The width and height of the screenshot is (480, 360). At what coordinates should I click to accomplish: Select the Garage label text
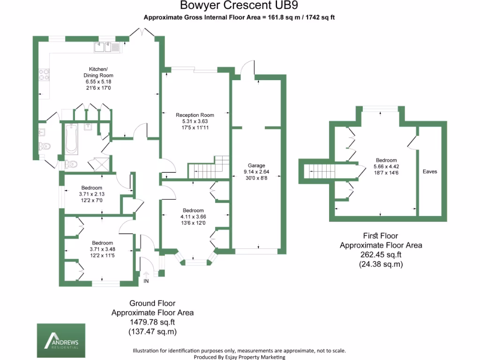click(x=256, y=165)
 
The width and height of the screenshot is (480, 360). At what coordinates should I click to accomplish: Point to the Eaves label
click(x=429, y=172)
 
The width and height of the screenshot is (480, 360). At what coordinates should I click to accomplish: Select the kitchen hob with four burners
click(x=45, y=75)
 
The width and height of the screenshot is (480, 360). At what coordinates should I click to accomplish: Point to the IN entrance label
click(x=146, y=281)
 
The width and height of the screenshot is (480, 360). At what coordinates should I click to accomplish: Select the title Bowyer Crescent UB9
click(x=239, y=6)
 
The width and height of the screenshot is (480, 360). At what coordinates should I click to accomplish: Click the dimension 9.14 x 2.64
click(x=256, y=172)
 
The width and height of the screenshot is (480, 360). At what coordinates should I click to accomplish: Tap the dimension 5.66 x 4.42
click(x=385, y=166)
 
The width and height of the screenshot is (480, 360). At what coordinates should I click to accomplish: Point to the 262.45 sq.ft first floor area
click(x=381, y=255)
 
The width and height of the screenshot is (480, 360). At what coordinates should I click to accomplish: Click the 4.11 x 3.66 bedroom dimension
click(x=193, y=217)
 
